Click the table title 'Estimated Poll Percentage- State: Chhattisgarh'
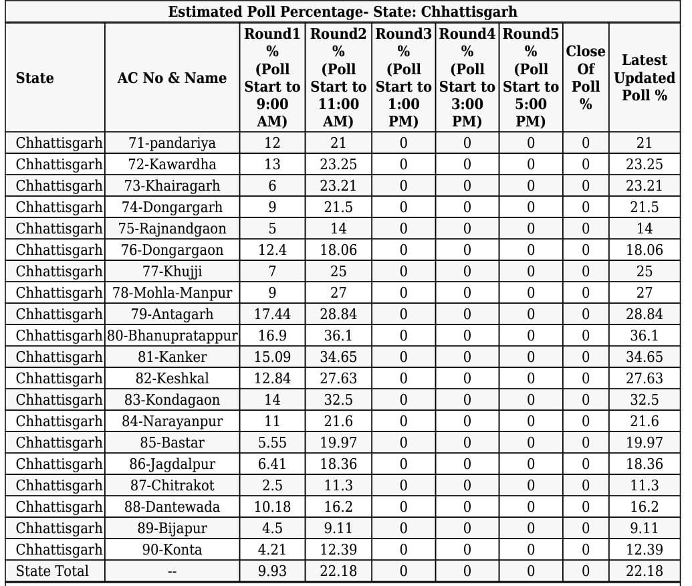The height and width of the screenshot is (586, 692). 342,12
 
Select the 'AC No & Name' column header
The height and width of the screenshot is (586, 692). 172,78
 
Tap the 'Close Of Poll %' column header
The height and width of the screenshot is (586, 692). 586,78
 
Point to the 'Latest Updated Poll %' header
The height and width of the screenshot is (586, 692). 645,78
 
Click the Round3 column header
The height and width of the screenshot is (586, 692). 403,78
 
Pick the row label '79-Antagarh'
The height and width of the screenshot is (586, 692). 172,314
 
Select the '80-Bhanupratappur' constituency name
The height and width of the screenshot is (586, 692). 172,335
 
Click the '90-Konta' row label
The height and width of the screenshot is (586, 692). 172,549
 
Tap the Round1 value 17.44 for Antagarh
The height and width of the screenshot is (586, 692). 272,314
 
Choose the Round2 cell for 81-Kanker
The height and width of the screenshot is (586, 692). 338,357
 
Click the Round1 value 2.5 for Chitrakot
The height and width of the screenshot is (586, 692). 272,485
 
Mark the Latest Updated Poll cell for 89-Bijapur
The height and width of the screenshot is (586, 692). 645,528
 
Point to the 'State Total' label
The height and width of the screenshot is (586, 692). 52,571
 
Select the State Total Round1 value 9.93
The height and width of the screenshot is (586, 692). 272,571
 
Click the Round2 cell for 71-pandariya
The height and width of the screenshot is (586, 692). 338,142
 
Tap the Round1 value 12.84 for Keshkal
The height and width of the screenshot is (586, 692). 272,378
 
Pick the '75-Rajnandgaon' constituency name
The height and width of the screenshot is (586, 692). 172,228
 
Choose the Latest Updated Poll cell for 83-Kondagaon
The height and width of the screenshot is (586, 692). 645,399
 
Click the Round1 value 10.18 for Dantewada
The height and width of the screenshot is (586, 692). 272,506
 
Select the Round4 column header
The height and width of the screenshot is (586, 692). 467,78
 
